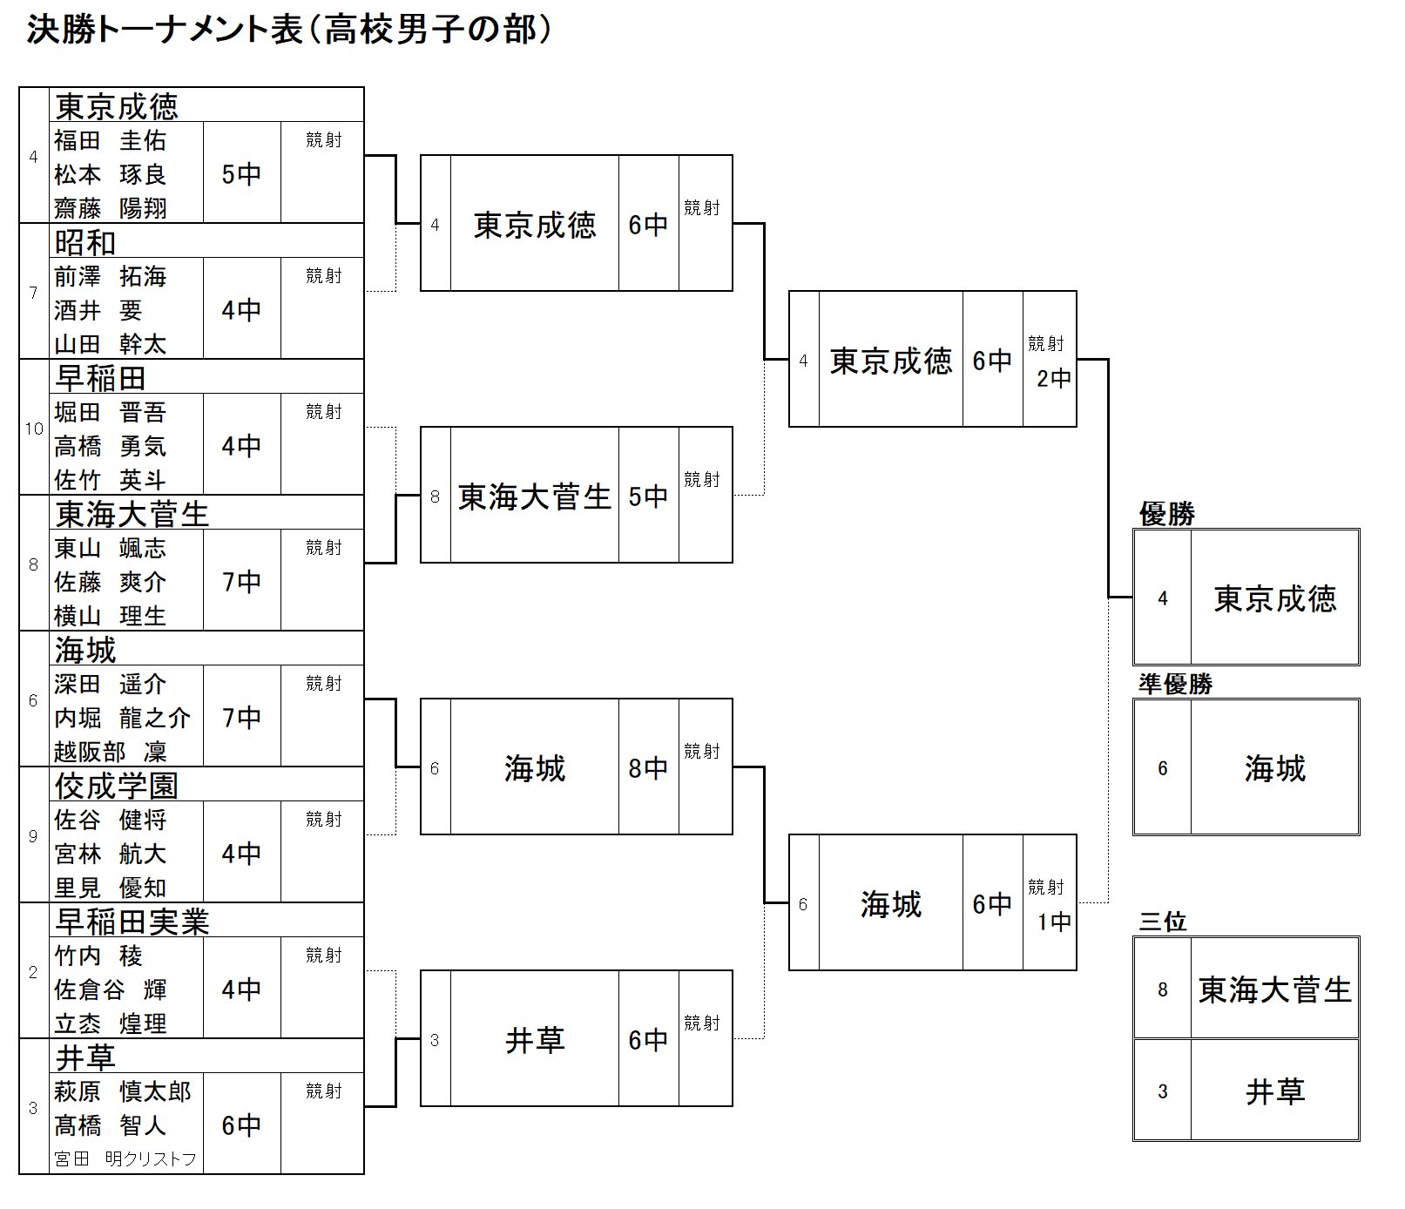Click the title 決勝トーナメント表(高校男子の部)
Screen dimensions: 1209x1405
(289, 30)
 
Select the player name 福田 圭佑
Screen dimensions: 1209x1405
(110, 140)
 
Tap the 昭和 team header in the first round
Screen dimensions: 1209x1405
(85, 242)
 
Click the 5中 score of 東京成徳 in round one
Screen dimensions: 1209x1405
(241, 174)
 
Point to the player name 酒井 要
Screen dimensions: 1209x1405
(98, 310)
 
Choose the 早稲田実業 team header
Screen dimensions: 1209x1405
(132, 922)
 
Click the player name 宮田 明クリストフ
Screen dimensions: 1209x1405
(125, 1158)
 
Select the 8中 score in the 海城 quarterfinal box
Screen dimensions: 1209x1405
(648, 768)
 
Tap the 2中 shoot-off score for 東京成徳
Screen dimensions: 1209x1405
(1054, 378)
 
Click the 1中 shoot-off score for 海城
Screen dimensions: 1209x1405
(1054, 922)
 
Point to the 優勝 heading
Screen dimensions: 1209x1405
(1166, 514)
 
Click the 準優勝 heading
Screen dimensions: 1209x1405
(1175, 684)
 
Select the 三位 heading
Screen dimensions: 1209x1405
(1162, 921)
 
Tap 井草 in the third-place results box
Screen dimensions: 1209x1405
(1275, 1091)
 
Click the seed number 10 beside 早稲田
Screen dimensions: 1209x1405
(34, 429)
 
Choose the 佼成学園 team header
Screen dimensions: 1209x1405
(117, 786)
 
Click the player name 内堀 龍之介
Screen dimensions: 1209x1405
(122, 718)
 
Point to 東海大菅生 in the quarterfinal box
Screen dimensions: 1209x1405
(535, 496)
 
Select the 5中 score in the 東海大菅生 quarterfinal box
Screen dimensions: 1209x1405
(648, 496)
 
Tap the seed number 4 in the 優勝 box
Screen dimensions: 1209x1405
(1163, 598)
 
